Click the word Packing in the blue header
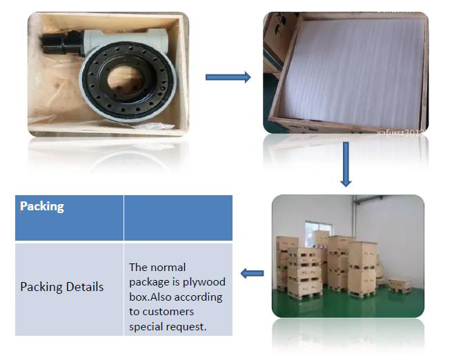42,206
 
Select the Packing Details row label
61,287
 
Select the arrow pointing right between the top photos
228,77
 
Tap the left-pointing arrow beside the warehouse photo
253,274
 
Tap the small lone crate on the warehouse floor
399,284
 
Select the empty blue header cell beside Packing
178,218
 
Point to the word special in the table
146,327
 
